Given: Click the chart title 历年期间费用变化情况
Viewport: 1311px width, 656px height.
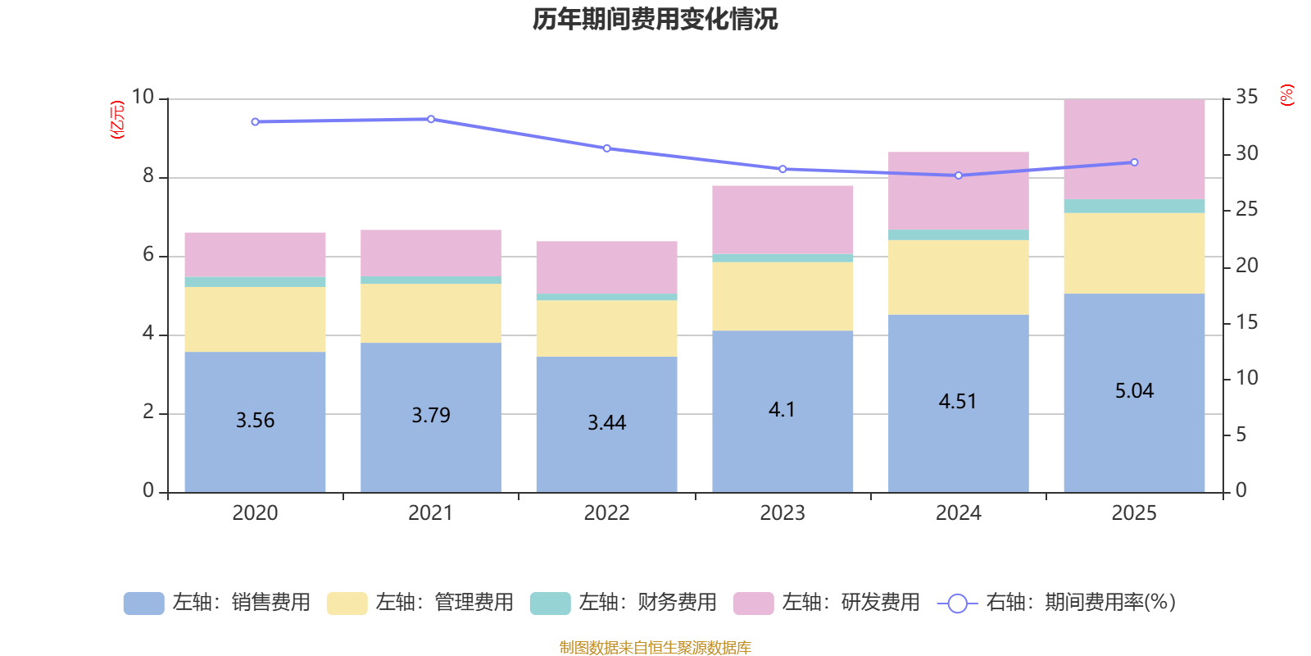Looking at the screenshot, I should [655, 19].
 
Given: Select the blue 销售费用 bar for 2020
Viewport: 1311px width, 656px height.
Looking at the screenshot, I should [255, 385].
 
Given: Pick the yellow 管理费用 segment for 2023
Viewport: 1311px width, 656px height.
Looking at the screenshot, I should [783, 296].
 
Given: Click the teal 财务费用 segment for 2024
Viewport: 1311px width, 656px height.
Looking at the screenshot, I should [958, 235].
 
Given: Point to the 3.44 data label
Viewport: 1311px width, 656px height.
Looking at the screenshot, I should [606, 423].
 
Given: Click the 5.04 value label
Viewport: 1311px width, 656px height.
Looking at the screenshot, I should [1134, 391].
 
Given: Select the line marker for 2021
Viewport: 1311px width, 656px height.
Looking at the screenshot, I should [431, 119].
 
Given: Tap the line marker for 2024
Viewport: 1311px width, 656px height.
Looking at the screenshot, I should [959, 175].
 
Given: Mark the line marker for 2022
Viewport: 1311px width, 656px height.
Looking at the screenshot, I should [606, 148].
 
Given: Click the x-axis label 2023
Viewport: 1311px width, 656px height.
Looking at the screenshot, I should [783, 513].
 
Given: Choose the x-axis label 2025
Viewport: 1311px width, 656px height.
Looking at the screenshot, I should [1134, 513].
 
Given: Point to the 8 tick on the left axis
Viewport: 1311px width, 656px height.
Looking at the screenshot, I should [148, 176].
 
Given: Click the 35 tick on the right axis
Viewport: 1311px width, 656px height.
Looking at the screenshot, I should [1246, 98].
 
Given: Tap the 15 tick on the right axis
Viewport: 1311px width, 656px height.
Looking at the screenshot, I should [1246, 322].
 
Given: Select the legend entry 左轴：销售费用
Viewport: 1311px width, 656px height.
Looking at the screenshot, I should [218, 603].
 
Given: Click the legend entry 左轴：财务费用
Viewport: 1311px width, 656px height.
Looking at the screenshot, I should [624, 603].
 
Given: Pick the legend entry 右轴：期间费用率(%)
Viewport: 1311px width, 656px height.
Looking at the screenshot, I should [1057, 603].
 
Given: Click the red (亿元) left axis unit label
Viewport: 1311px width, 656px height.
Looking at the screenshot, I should [117, 120].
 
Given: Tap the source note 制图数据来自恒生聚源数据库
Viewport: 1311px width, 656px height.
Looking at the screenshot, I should [655, 648].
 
